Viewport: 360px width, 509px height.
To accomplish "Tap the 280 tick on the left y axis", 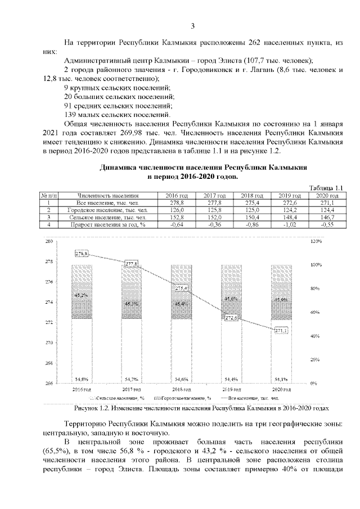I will click(x=48, y=242).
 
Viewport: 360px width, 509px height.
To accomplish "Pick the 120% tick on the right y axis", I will click(x=316, y=242).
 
